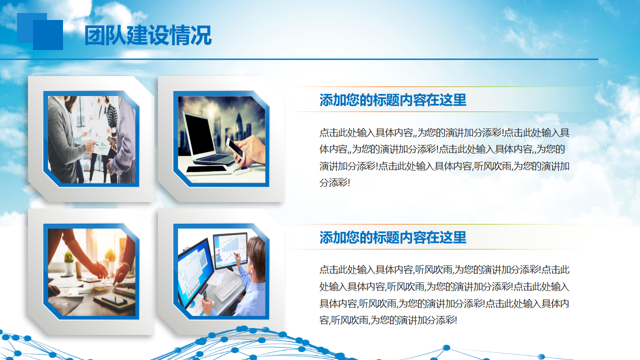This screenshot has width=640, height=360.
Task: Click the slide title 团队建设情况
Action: (148, 35)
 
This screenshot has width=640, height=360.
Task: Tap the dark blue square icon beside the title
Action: (48, 35)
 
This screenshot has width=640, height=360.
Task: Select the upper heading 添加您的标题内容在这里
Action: (393, 100)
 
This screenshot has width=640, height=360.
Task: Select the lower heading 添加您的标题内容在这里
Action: (393, 237)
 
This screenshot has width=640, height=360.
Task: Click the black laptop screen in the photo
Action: (199, 135)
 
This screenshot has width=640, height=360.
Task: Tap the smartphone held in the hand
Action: (235, 147)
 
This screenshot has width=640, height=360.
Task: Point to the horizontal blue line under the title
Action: (299, 59)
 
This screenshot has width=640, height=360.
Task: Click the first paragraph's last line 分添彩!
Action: (334, 182)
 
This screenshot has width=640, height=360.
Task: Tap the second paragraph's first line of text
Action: (444, 269)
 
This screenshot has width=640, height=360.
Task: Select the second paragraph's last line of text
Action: (388, 320)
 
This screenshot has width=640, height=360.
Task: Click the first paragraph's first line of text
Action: (444, 132)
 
